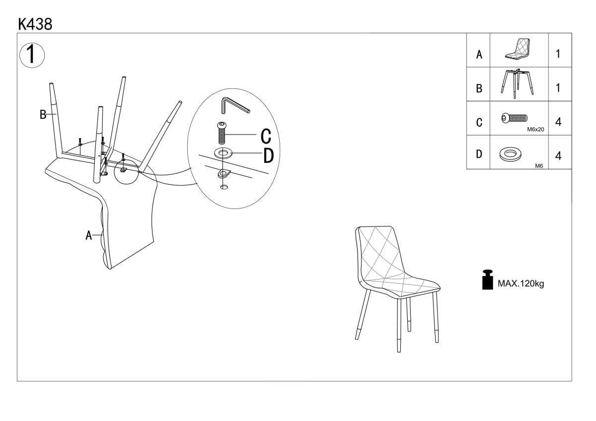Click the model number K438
point(35,24)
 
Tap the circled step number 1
point(32,55)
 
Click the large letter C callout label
point(266,136)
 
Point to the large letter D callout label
point(268,155)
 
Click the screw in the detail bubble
point(222,133)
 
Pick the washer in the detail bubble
point(223,153)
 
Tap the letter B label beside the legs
point(43,115)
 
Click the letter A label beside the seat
point(88,235)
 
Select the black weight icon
point(487,280)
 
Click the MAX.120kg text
point(521,283)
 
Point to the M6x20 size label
point(535,130)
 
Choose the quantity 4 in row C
point(558,122)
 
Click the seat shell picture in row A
point(518,49)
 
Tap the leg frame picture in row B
point(517,84)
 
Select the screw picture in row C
point(515,118)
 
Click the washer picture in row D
point(511,154)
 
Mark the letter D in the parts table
point(479,154)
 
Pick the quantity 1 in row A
point(558,54)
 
